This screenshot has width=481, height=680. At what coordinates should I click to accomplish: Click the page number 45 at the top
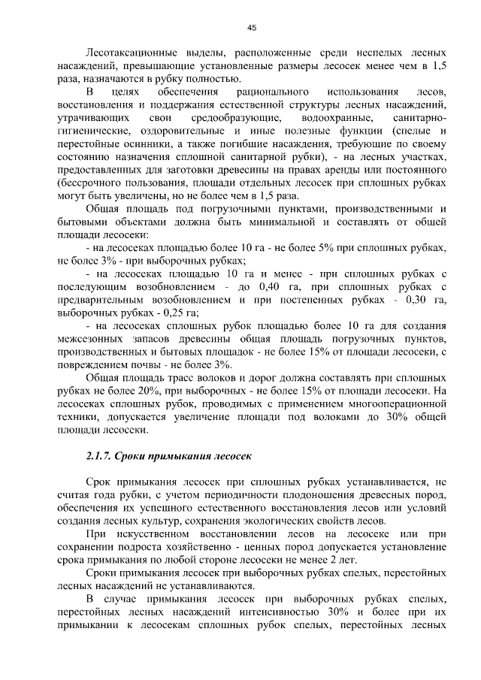coord(252,28)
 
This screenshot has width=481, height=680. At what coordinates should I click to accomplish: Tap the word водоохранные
coord(337,119)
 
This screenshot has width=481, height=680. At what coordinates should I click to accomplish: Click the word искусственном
coord(161,534)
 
